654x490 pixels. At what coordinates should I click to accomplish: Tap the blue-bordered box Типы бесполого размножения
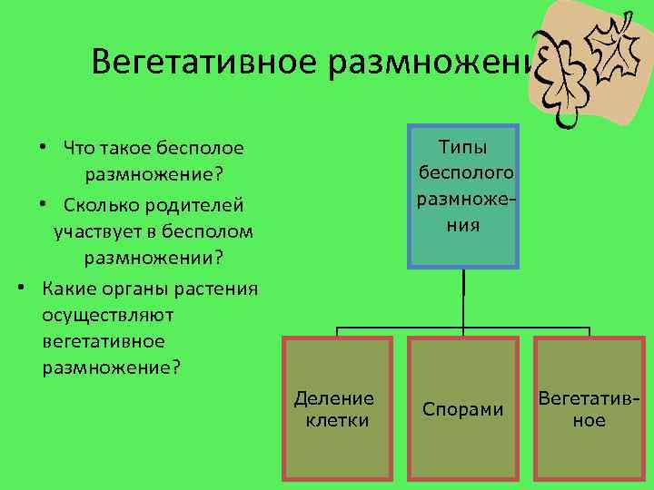(463, 196)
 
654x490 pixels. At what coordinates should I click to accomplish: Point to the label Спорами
(463, 409)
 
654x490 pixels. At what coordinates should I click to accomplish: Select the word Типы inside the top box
(463, 147)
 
